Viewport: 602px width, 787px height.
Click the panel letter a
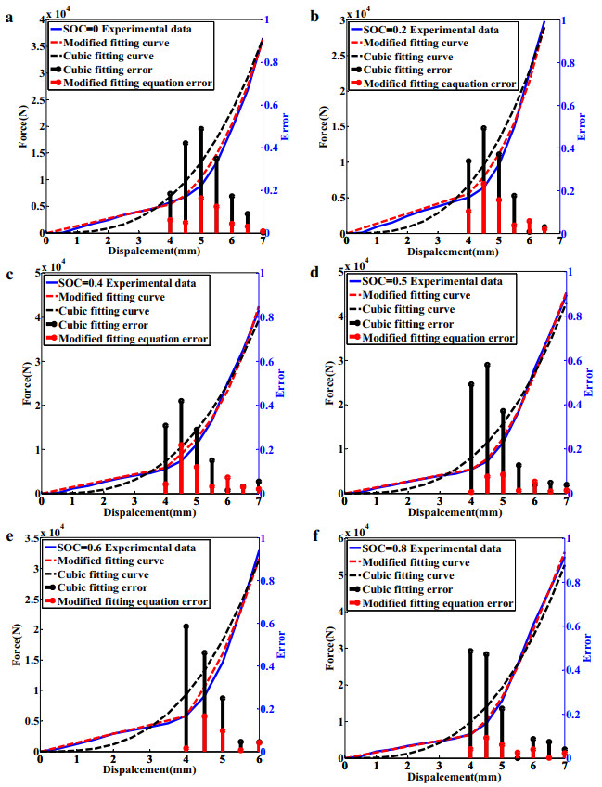8,15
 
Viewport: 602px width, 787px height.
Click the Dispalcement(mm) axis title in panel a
153,251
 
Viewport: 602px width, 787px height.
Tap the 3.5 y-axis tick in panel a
35,46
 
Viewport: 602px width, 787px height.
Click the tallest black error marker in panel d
487,365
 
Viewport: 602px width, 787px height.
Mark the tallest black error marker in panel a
200,129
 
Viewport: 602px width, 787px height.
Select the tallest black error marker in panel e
186,627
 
